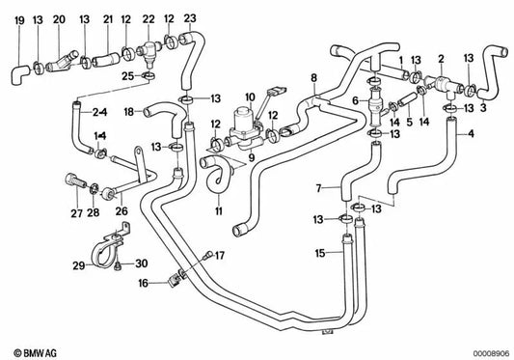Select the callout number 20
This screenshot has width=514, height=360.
pyautogui.click(x=59, y=19)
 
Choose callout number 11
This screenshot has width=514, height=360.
pyautogui.click(x=220, y=209)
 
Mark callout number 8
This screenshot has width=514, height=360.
pyautogui.click(x=313, y=77)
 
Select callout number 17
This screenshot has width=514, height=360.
pyautogui.click(x=220, y=255)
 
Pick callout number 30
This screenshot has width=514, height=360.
pyautogui.click(x=142, y=263)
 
